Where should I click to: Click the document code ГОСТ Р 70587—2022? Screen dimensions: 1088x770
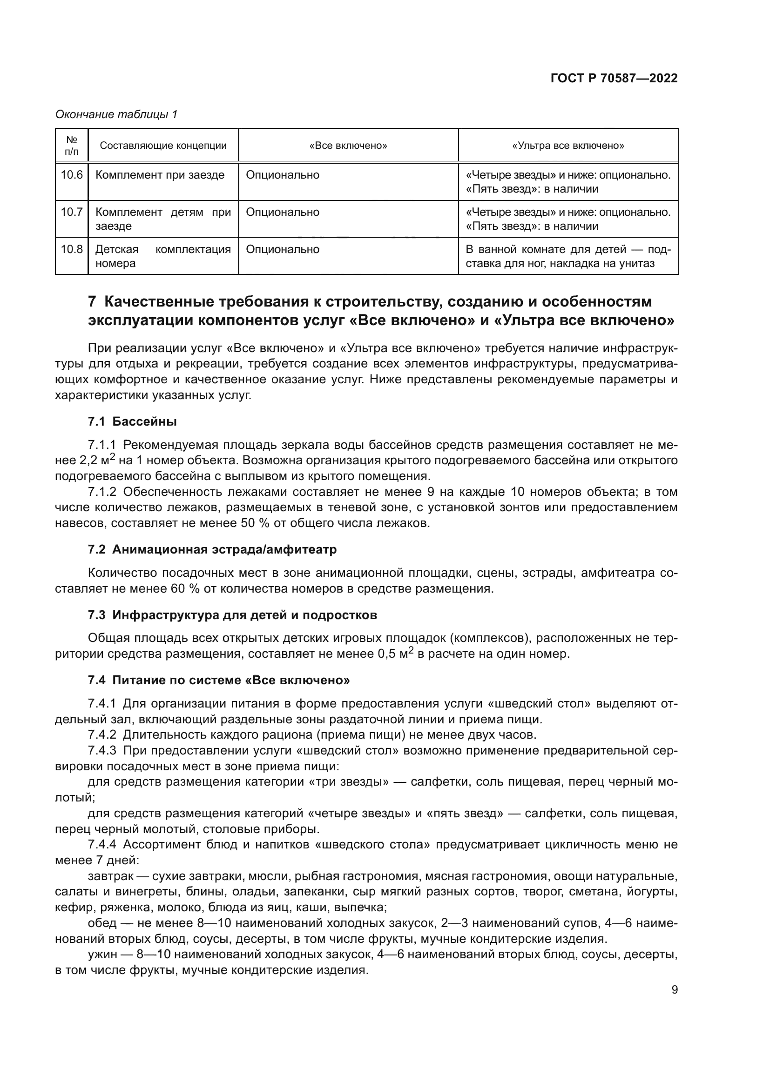point(614,79)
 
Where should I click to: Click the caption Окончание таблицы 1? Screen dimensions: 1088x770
point(116,114)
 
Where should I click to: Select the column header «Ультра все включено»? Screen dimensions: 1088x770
point(568,146)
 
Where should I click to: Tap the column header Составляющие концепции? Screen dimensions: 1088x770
point(163,146)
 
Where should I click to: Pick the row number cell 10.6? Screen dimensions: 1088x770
point(72,175)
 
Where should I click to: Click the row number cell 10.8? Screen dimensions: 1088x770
point(72,249)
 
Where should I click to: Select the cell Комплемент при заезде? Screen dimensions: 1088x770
point(160,175)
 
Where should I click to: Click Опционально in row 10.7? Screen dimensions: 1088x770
point(283,212)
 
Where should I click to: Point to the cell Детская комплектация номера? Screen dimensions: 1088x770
point(162,256)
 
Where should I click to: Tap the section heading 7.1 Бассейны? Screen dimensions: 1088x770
point(132,421)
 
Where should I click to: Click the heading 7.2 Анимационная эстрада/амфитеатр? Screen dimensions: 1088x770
point(212,549)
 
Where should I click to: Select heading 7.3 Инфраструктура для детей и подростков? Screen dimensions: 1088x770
point(232,615)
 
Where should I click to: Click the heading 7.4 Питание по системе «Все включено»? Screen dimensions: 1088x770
point(219,681)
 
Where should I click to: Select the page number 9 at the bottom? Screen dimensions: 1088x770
point(675,990)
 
